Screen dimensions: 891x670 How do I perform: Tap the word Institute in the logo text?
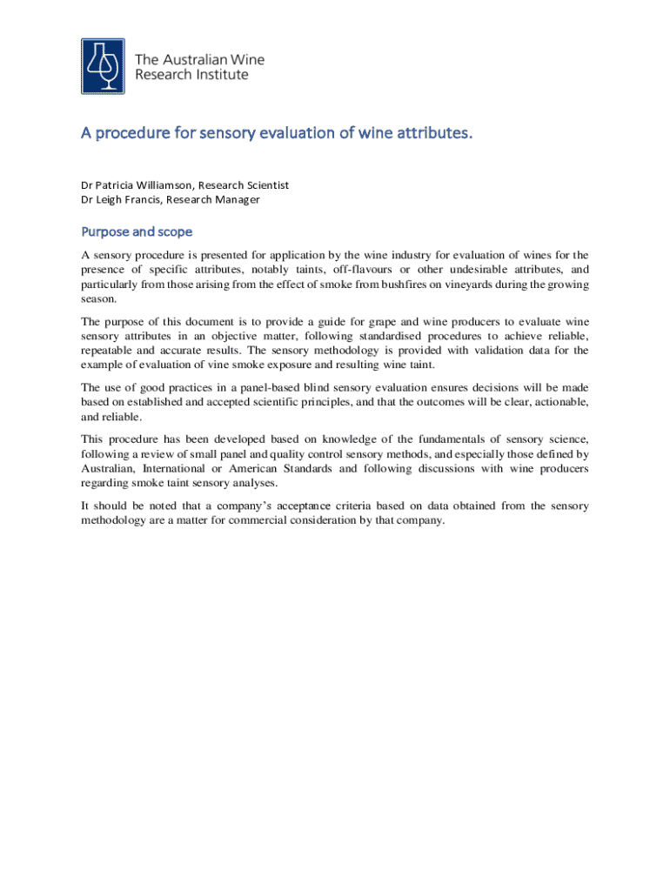[x=223, y=75]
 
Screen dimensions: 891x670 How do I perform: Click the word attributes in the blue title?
[x=427, y=134]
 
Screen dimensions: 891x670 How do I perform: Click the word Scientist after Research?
[x=268, y=185]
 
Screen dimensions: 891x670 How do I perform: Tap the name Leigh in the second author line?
[x=113, y=199]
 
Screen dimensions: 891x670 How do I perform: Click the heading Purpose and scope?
[x=137, y=232]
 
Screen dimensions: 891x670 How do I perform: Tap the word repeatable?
[x=110, y=350]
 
